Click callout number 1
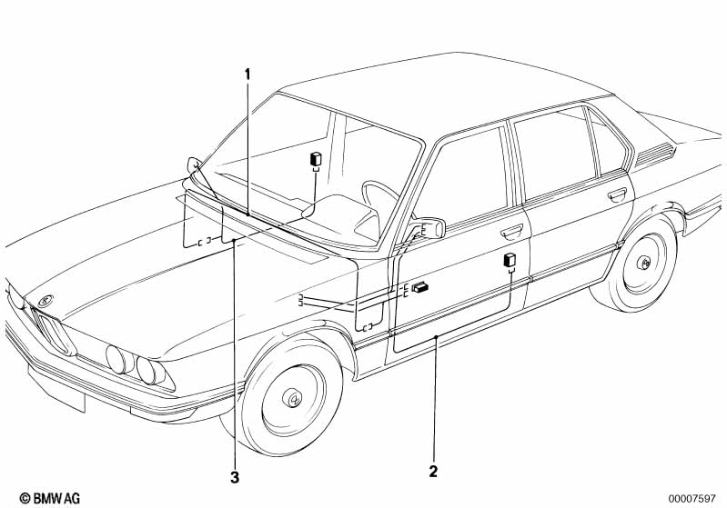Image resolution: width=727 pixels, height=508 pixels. [247, 75]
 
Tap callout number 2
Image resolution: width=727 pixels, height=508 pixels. [433, 472]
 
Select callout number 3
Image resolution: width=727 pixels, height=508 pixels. [235, 477]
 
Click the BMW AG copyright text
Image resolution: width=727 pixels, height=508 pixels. [50, 498]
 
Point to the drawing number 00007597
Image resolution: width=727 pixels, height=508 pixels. [692, 498]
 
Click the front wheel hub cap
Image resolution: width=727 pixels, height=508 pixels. [293, 398]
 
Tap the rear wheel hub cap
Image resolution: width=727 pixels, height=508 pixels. [643, 263]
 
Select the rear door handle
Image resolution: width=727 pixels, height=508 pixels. [617, 194]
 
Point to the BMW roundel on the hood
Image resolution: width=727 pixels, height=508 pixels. [45, 300]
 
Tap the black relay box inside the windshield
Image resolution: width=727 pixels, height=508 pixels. [317, 159]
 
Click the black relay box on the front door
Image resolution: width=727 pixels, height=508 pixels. [510, 260]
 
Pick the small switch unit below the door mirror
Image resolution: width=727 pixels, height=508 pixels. [419, 287]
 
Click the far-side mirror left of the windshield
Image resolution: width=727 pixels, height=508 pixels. [194, 164]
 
